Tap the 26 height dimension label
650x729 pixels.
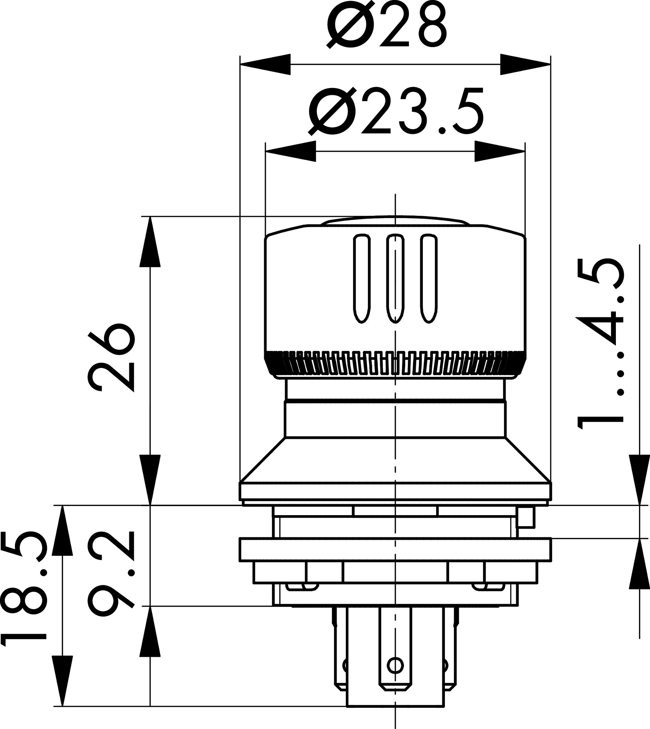point(111,361)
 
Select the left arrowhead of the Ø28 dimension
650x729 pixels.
point(265,65)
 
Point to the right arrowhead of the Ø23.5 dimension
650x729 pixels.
point(500,151)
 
